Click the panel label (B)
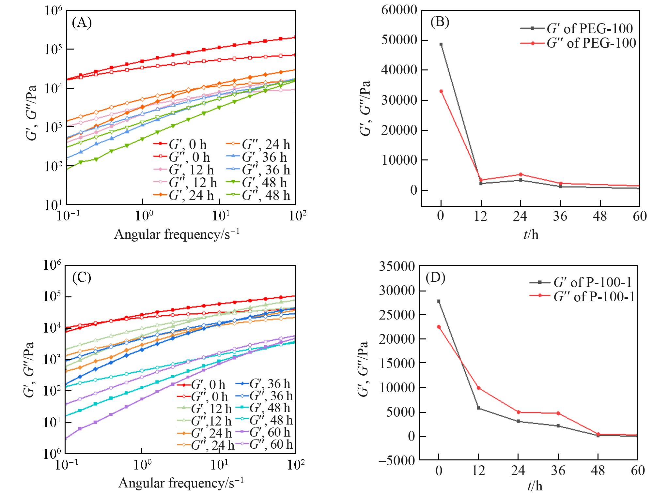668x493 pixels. pos(440,22)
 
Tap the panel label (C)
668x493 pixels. pos(82,277)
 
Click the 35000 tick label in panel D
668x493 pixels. pos(397,267)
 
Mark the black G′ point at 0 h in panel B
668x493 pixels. pos(441,44)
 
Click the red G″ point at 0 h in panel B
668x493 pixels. pos(441,91)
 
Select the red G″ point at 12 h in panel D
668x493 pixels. pos(478,388)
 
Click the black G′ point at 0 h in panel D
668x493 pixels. pos(439,301)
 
